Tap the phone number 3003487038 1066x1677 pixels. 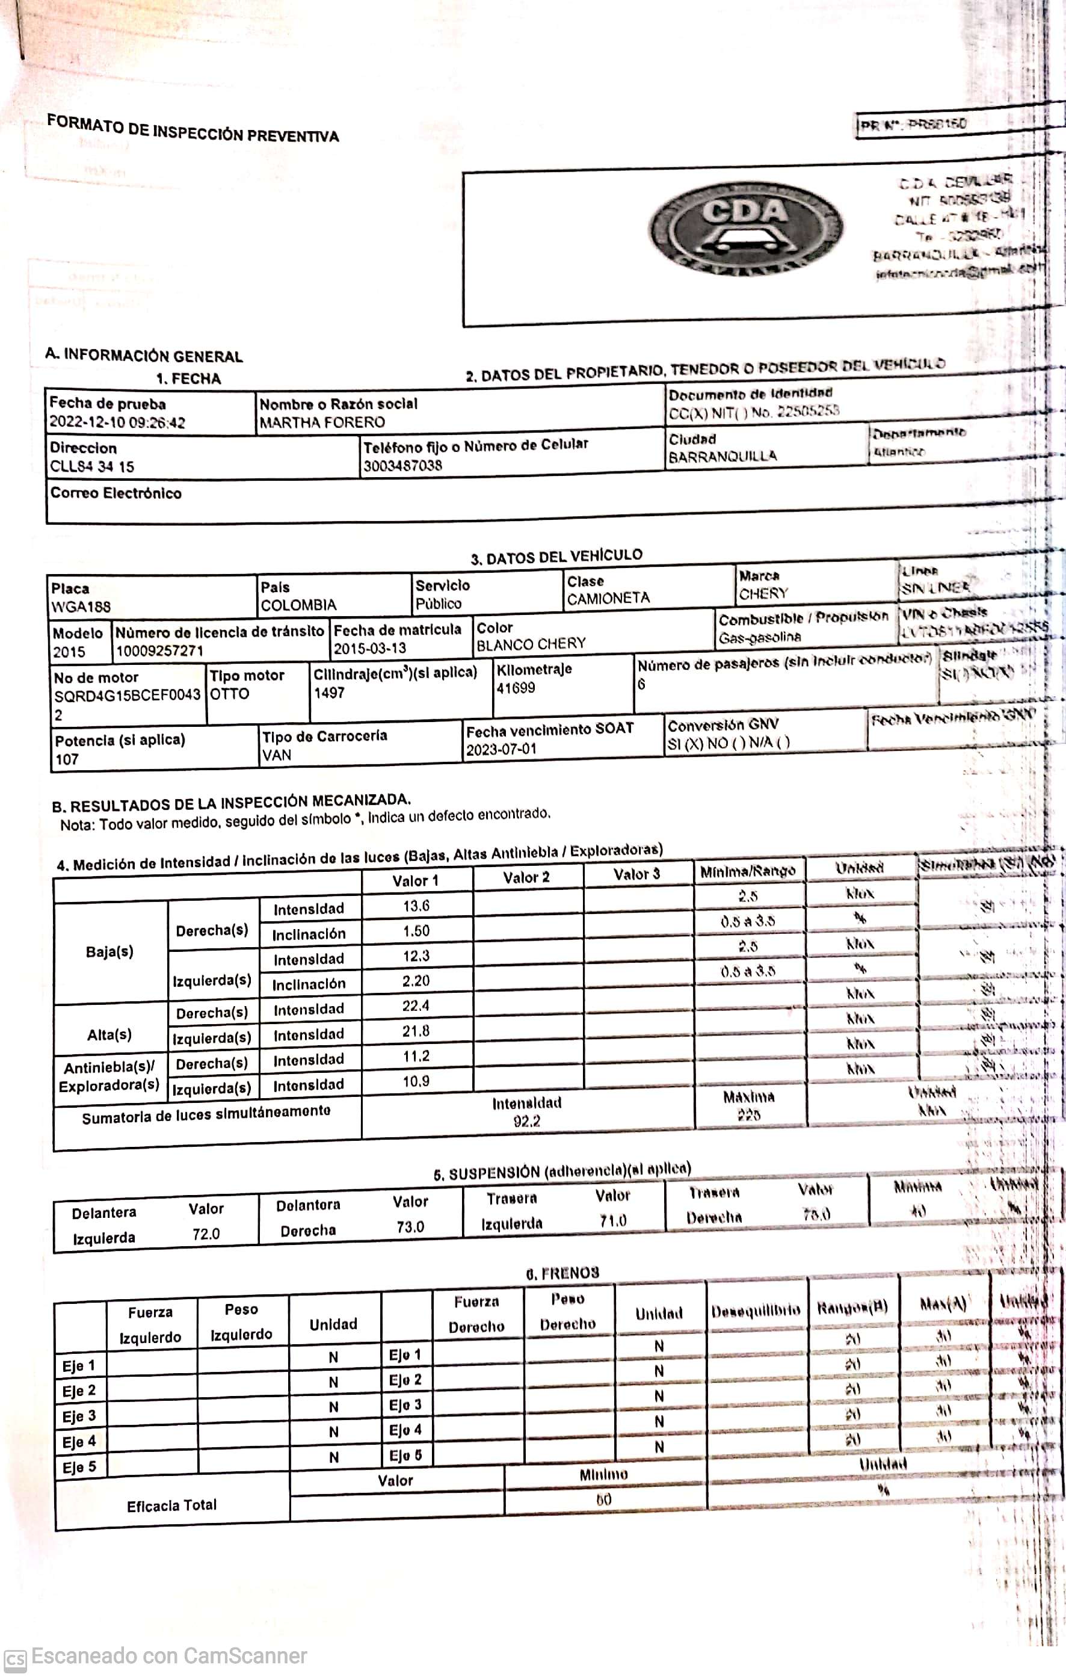(x=402, y=466)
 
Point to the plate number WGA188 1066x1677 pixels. (x=81, y=607)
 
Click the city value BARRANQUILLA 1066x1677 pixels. (x=722, y=457)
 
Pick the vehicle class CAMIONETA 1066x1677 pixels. (x=608, y=598)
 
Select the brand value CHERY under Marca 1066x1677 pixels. (x=763, y=594)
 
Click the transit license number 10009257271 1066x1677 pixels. (x=159, y=651)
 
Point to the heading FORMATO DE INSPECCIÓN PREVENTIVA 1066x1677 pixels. (x=193, y=129)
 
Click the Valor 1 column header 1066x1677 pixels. (x=415, y=881)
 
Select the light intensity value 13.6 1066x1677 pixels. (x=416, y=906)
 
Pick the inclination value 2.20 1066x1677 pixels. (x=416, y=981)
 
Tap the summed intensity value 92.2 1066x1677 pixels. (x=526, y=1121)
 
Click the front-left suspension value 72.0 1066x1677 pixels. (x=206, y=1234)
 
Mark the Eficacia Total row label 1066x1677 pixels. (x=171, y=1505)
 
